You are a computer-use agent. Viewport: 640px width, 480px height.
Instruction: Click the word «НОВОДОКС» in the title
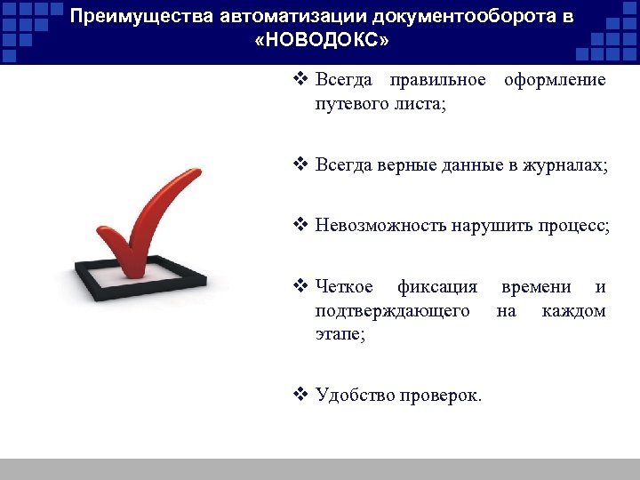(322, 42)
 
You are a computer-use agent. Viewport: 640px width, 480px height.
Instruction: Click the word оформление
(555, 80)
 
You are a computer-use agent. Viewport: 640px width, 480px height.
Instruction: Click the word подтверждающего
(392, 311)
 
